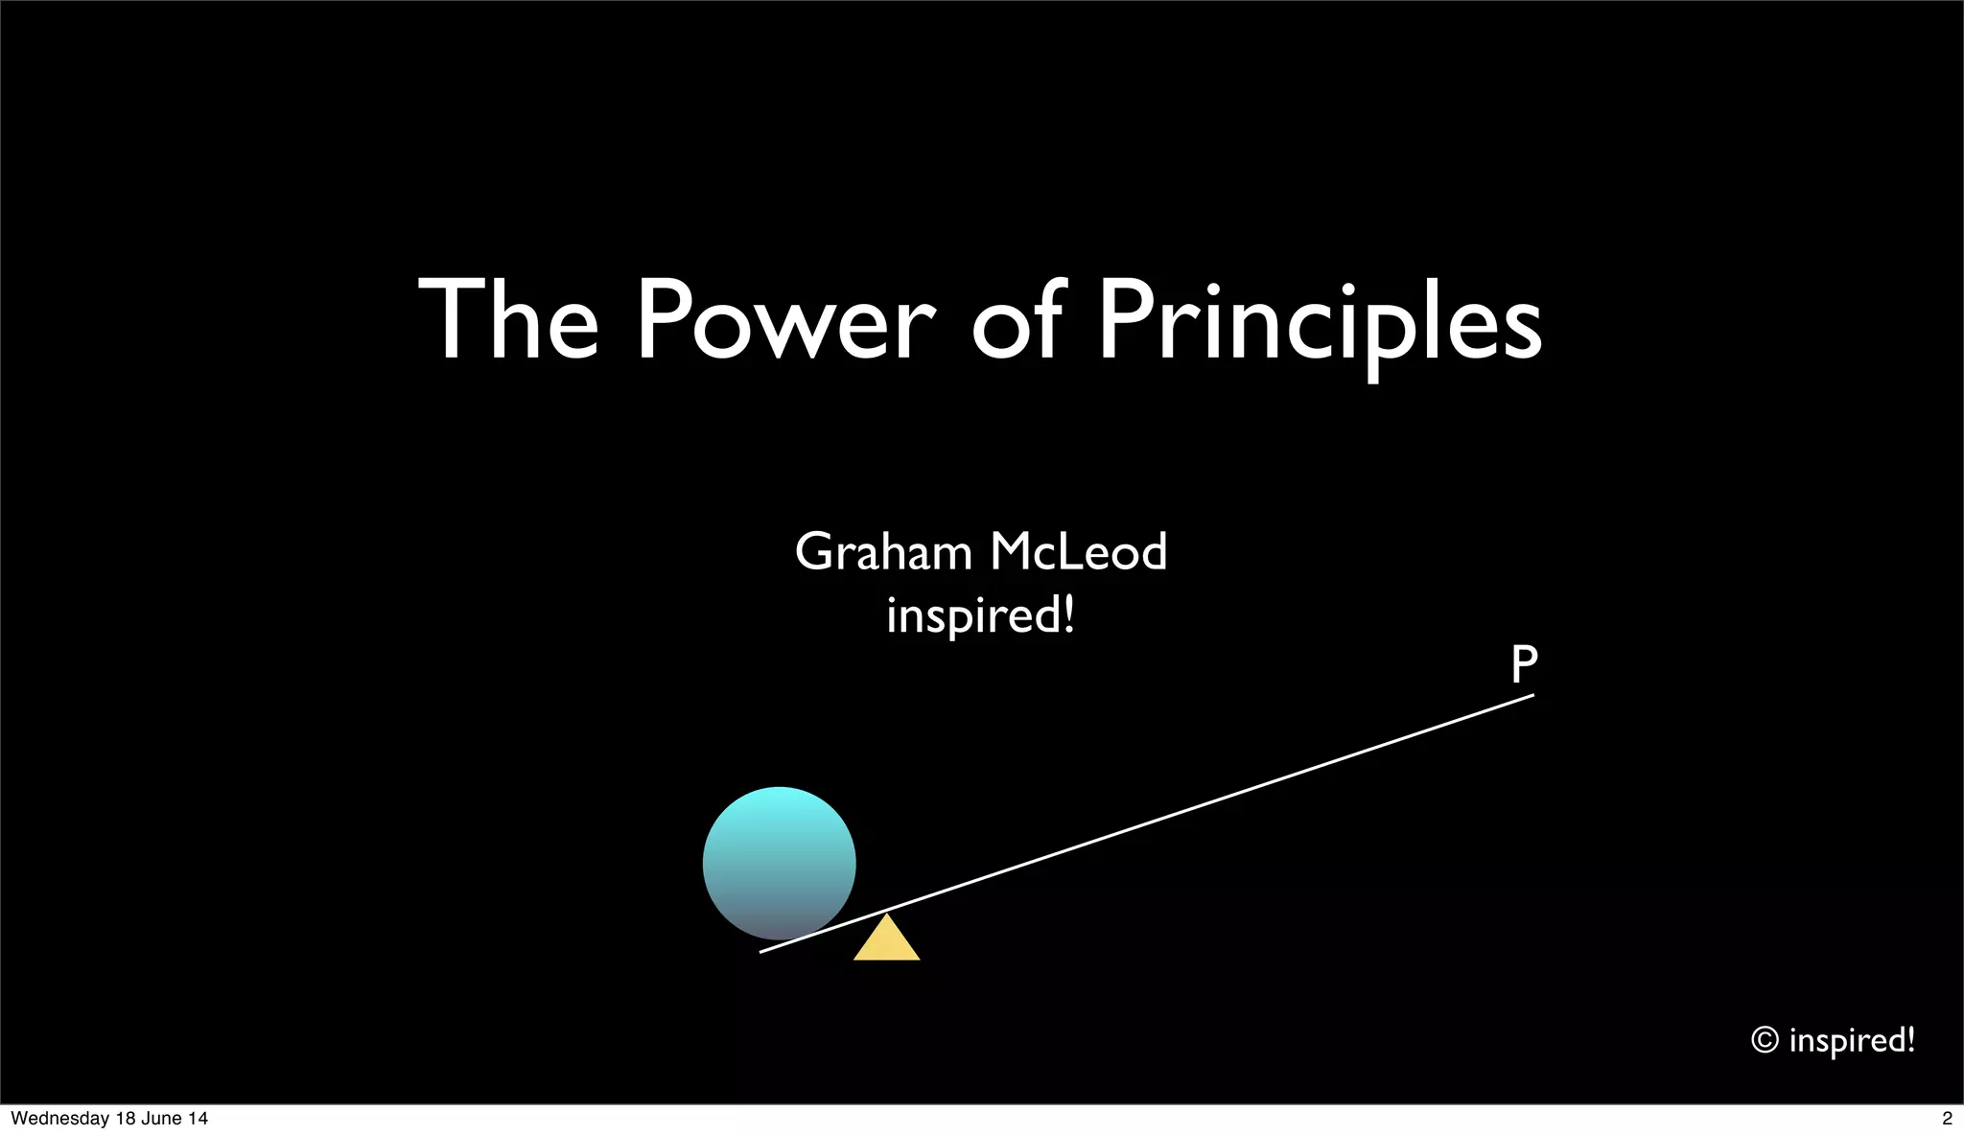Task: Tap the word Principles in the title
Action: coord(1320,322)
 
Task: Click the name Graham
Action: coord(883,552)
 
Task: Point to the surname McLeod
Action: coord(1078,552)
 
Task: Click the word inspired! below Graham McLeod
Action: coord(980,614)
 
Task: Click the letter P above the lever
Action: coord(1524,664)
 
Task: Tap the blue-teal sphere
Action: coord(779,863)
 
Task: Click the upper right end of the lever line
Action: coord(1531,696)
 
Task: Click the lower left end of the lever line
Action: coord(763,951)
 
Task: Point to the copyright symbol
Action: coord(1765,1040)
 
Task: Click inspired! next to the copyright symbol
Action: coord(1852,1040)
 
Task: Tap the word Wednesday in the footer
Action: coord(59,1119)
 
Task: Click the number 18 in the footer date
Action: coord(126,1119)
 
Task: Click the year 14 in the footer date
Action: coord(198,1119)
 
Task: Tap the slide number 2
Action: coord(1947,1119)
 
